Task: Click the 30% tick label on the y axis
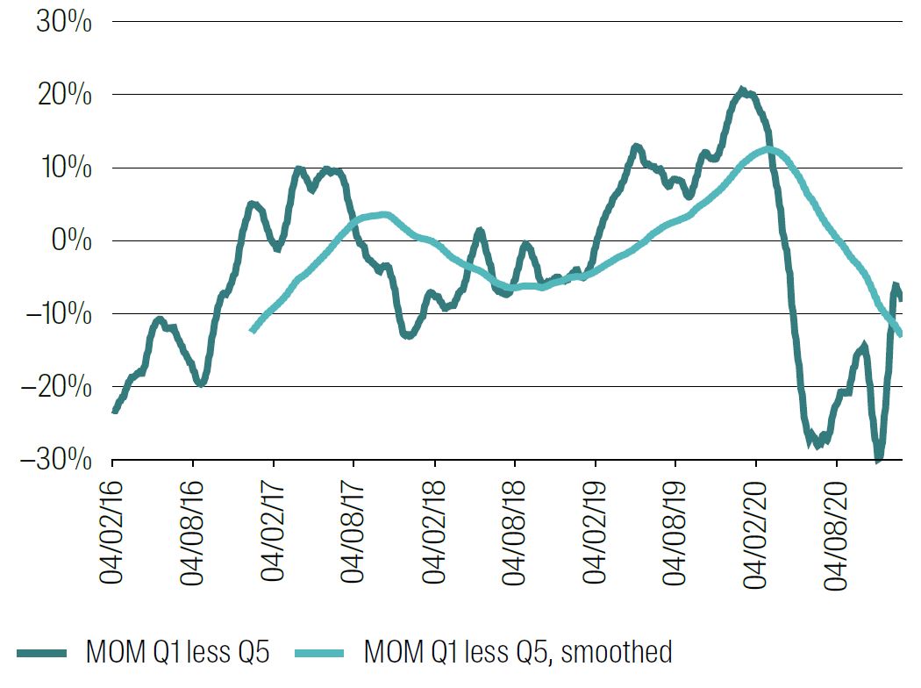pos(63,22)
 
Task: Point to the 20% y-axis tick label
pos(63,95)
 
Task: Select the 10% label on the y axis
pos(63,168)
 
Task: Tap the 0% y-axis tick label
pos(71,240)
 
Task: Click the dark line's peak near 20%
pos(742,90)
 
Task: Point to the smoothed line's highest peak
pos(769,149)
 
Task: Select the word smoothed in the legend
pos(618,652)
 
